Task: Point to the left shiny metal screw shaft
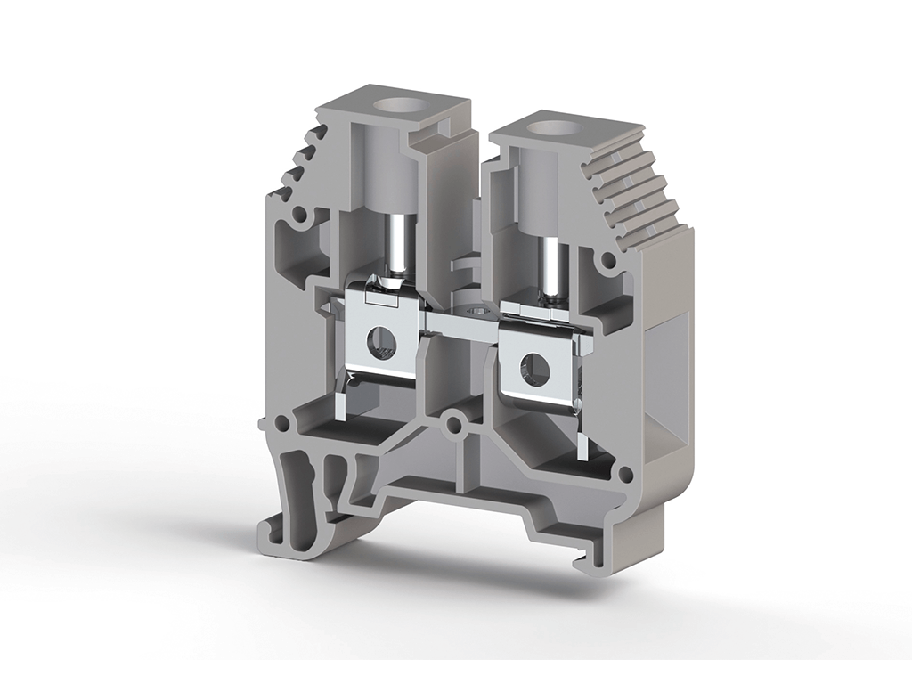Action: (x=395, y=248)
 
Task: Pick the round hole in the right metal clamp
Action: (x=536, y=369)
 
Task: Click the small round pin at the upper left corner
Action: (x=301, y=215)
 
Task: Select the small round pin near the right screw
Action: (x=608, y=261)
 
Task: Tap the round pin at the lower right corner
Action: (x=625, y=475)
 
